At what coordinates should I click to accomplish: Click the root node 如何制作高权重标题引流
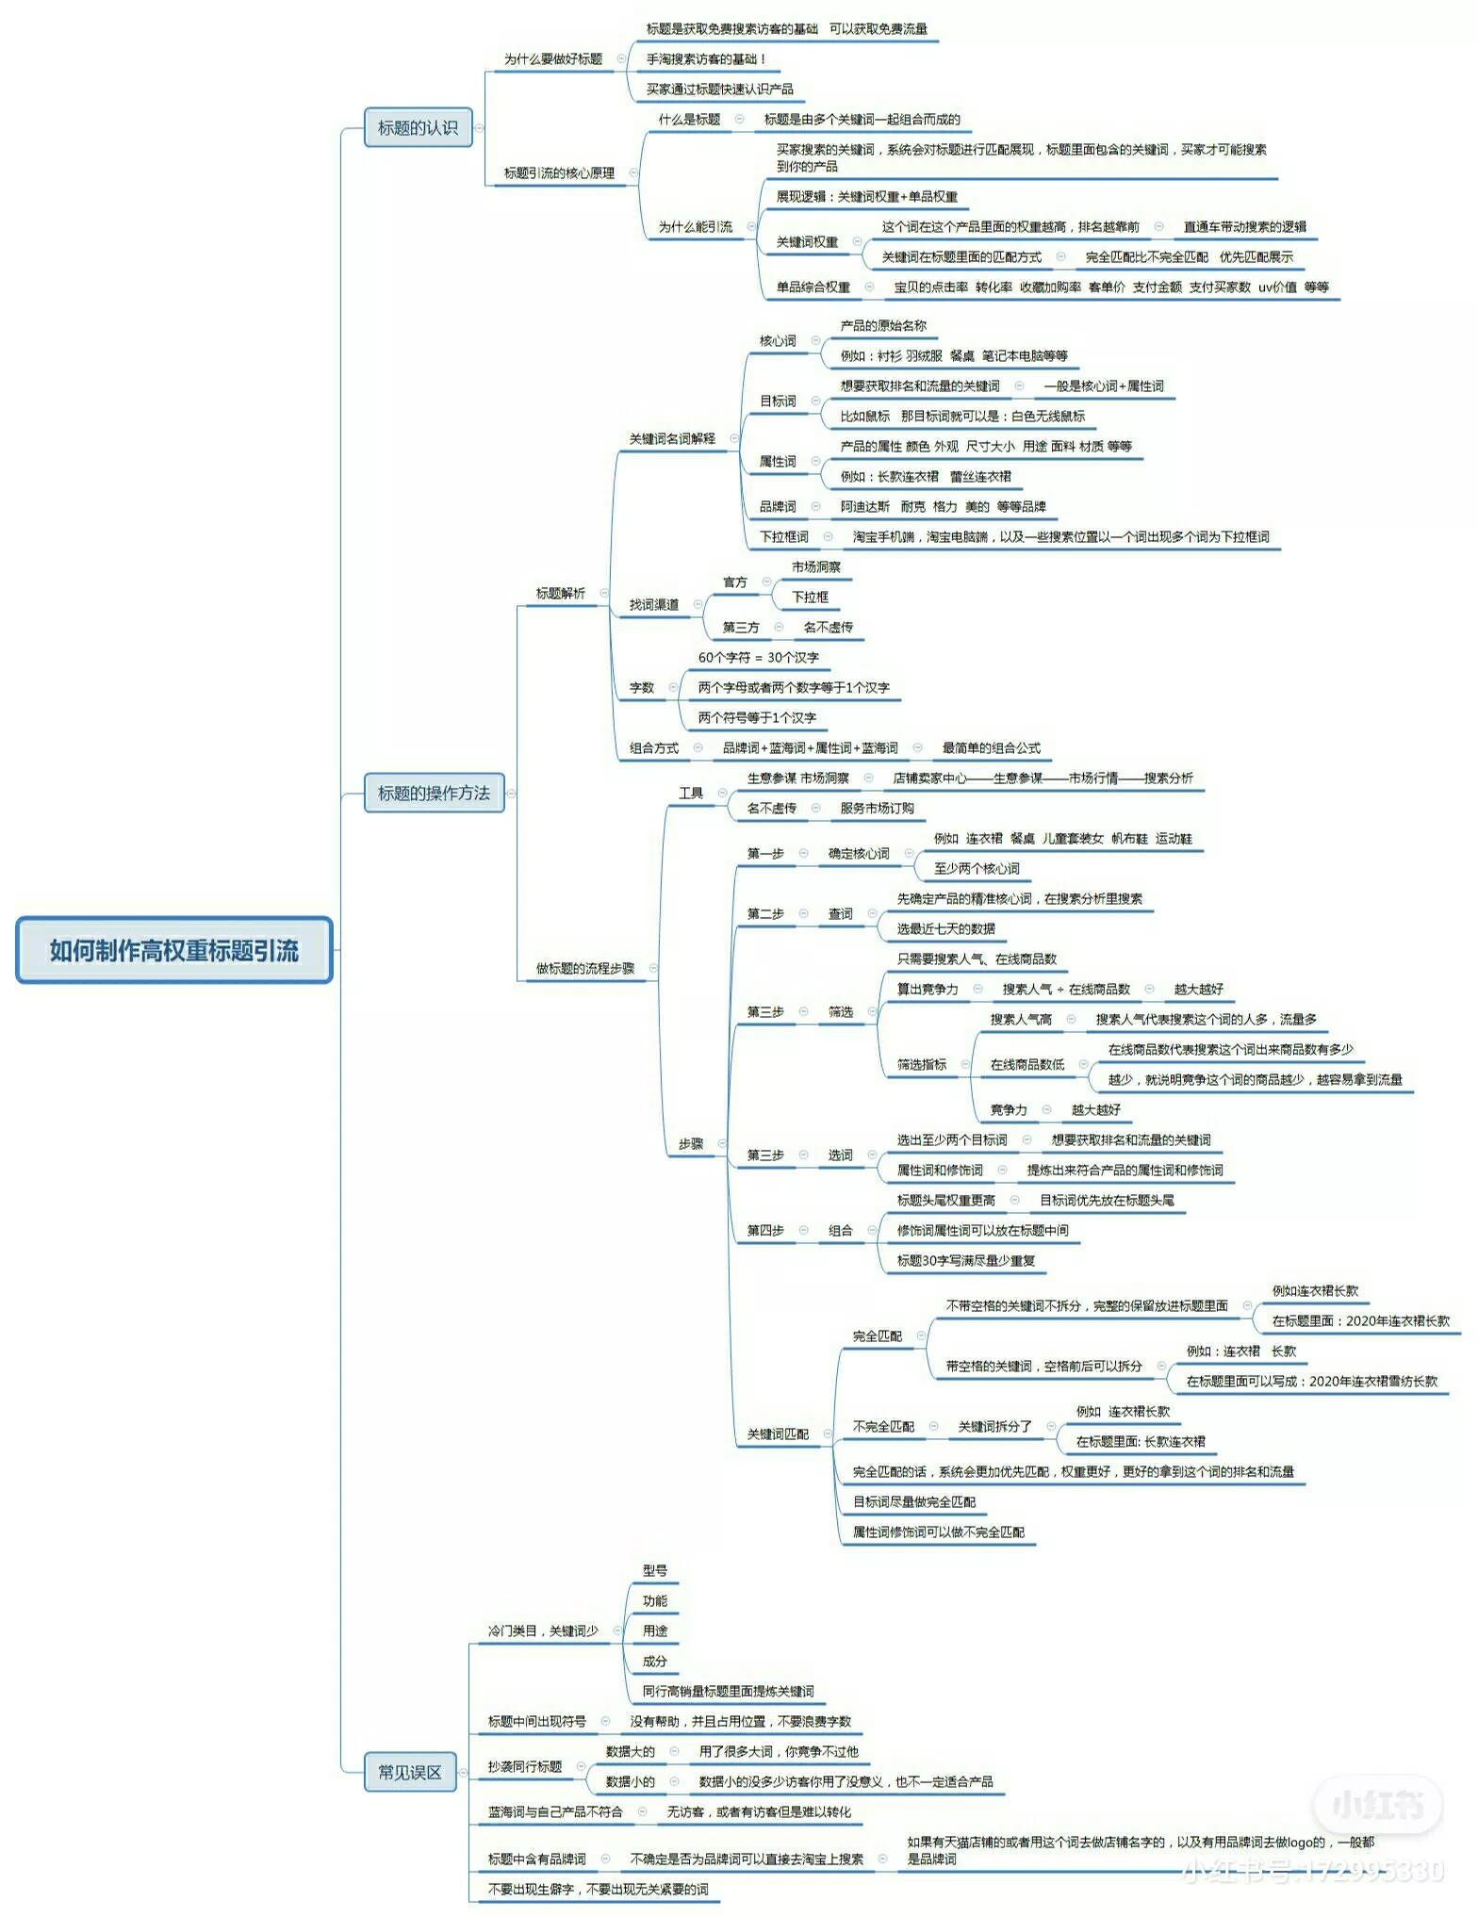(x=174, y=950)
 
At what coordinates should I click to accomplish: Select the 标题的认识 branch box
(x=418, y=127)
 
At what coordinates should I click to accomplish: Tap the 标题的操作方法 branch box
(x=434, y=793)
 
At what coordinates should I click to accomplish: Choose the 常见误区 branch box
(x=410, y=1772)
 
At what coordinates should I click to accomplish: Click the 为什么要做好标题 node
(x=552, y=59)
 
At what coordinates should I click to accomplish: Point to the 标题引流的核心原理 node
(x=559, y=173)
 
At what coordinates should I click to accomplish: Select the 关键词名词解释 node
(x=672, y=438)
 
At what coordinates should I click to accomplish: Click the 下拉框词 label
(x=783, y=536)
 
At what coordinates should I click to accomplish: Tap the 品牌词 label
(x=778, y=506)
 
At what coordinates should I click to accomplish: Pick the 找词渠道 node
(x=654, y=604)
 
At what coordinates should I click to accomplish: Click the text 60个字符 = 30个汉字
(x=758, y=657)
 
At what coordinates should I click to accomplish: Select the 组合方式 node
(x=654, y=747)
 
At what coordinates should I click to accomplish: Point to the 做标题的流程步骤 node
(x=585, y=968)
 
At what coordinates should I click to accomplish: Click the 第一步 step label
(x=765, y=853)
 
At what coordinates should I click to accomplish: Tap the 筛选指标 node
(x=922, y=1064)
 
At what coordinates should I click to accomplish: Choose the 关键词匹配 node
(x=778, y=1434)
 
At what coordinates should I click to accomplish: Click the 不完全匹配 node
(x=883, y=1426)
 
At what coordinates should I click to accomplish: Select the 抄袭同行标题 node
(x=525, y=1766)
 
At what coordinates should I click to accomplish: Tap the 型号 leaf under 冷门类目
(x=655, y=1570)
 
